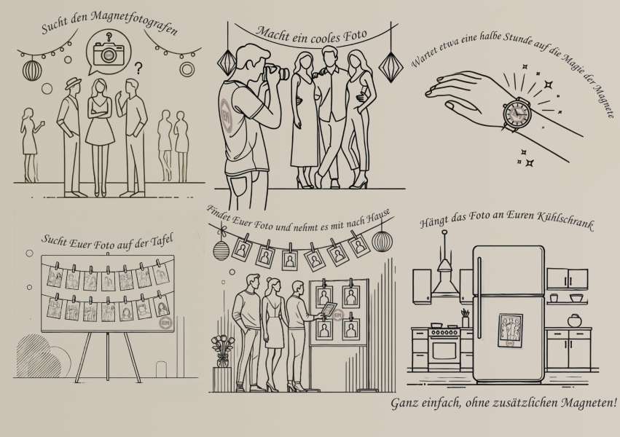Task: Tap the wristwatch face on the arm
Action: coord(516,113)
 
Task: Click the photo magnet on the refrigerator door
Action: coord(510,331)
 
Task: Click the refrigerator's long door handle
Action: coord(479,297)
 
